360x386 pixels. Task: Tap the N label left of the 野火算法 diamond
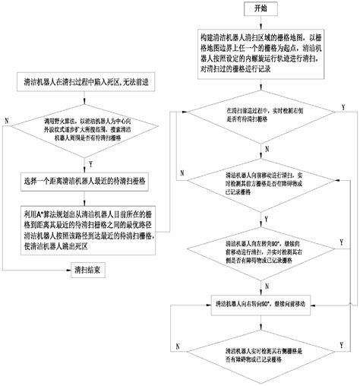pos(7,121)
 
